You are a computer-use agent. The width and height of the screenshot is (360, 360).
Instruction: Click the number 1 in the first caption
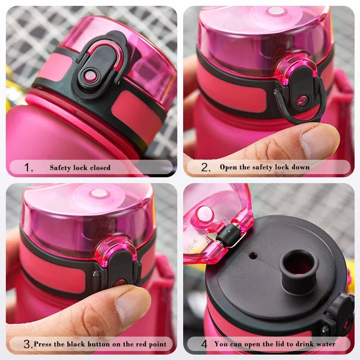coord(28,168)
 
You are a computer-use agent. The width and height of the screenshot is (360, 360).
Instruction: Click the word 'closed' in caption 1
coord(100,168)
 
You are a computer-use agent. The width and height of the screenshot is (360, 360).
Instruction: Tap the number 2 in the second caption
coord(206,168)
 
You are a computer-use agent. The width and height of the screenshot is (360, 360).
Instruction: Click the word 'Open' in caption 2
coord(228,167)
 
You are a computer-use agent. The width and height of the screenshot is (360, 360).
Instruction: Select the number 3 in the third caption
coord(27,345)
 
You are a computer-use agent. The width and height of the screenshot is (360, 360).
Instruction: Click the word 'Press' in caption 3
coord(43,344)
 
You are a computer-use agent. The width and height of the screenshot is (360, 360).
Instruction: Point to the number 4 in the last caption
coord(204,344)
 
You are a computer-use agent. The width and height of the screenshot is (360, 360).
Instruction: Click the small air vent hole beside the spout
coord(253,256)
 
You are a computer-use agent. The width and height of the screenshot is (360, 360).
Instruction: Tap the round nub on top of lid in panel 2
coord(276,11)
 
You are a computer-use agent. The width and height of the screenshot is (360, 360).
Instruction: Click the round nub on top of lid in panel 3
coord(99,194)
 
